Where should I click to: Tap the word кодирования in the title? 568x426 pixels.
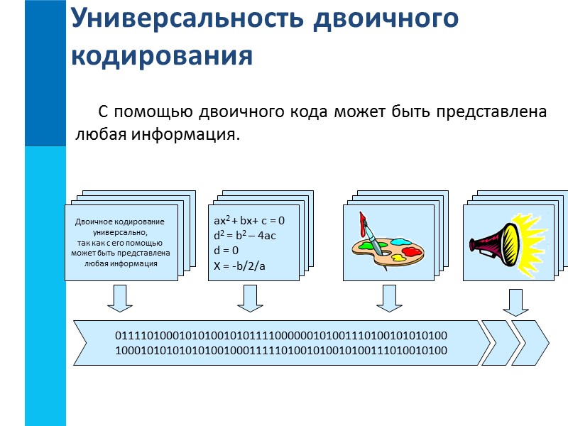pyautogui.click(x=163, y=55)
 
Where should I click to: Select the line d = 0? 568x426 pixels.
pyautogui.click(x=226, y=251)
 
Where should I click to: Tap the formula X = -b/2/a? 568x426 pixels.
pyautogui.click(x=240, y=266)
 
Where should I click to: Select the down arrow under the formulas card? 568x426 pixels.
pyautogui.click(x=251, y=298)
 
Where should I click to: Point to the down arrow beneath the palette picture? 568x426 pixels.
pyautogui.click(x=390, y=298)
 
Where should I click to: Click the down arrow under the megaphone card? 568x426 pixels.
pyautogui.click(x=515, y=302)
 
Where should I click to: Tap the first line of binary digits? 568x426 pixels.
pyautogui.click(x=281, y=334)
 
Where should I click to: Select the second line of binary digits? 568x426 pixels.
pyautogui.click(x=281, y=350)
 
